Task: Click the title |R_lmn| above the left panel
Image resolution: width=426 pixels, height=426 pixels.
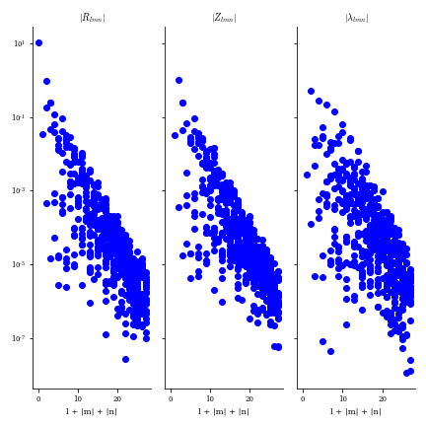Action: pyautogui.click(x=92, y=18)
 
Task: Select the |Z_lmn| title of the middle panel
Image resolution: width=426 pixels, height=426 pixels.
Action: pyautogui.click(x=224, y=18)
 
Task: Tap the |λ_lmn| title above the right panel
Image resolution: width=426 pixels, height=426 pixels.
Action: pyautogui.click(x=356, y=18)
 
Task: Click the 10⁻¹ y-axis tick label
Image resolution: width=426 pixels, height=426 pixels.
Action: pyautogui.click(x=19, y=117)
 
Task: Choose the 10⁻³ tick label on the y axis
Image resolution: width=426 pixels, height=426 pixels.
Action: pyautogui.click(x=19, y=190)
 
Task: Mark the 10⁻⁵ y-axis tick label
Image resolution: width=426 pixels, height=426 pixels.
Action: pyautogui.click(x=19, y=264)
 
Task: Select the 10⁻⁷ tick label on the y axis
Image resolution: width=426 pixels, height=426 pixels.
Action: pyautogui.click(x=19, y=338)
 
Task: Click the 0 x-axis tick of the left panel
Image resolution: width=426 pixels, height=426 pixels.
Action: pyautogui.click(x=38, y=397)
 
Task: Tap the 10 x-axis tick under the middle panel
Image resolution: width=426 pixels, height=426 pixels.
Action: pyautogui.click(x=210, y=397)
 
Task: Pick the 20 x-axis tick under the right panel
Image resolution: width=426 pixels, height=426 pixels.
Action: pyautogui.click(x=382, y=397)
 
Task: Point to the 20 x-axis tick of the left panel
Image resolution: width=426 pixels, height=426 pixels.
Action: pyautogui.click(x=117, y=397)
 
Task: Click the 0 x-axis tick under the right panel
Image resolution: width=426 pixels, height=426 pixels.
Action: pyautogui.click(x=303, y=397)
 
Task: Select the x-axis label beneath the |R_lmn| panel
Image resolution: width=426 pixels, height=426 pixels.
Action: pyautogui.click(x=92, y=411)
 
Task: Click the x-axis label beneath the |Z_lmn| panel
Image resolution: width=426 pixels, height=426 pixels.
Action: pyautogui.click(x=224, y=411)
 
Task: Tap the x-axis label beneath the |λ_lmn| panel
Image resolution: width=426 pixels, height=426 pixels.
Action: pyautogui.click(x=356, y=411)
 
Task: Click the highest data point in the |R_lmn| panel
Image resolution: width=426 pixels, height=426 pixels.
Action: pyautogui.click(x=38, y=42)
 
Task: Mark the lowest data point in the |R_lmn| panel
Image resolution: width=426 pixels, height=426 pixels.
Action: pyautogui.click(x=125, y=359)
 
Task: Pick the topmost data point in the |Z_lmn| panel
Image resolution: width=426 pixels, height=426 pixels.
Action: pyautogui.click(x=178, y=80)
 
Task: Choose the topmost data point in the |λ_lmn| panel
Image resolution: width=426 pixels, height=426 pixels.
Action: pyautogui.click(x=311, y=91)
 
